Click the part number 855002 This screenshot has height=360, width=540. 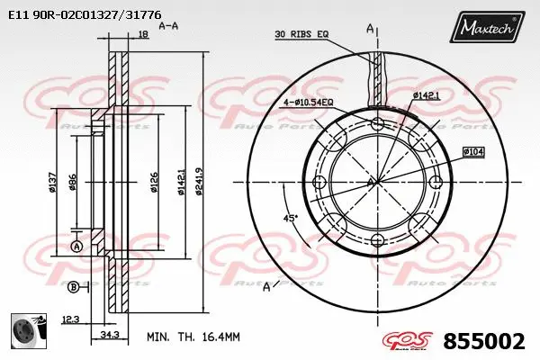484,341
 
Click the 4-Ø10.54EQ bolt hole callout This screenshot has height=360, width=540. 308,102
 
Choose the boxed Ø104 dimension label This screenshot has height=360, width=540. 474,151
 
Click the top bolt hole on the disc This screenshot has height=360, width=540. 376,123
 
